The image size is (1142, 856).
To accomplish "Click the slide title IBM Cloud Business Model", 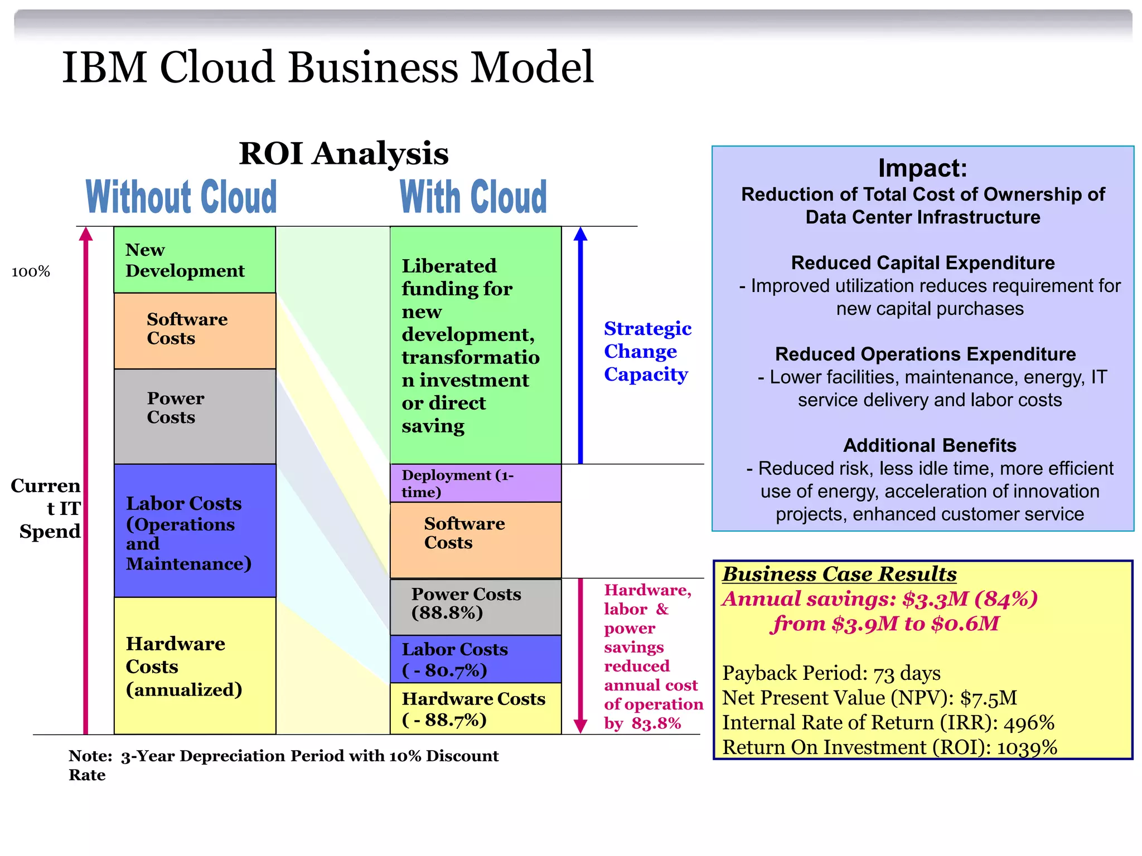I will click(328, 67).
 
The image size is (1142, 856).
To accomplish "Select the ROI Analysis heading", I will click(343, 154).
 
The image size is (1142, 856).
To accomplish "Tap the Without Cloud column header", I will click(181, 197).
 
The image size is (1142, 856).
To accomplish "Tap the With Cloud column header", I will click(473, 197).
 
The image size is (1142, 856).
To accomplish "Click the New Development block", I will click(194, 260).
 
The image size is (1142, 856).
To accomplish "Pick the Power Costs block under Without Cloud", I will click(194, 416).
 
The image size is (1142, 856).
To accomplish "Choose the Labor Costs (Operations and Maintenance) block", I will click(194, 531).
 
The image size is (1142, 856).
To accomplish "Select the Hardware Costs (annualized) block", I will click(194, 666).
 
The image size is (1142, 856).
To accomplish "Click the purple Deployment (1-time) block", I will click(475, 483).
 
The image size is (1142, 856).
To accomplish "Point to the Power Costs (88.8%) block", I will click(475, 606).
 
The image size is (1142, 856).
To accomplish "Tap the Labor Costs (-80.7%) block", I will click(475, 659).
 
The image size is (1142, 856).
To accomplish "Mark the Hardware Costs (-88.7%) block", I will click(475, 708).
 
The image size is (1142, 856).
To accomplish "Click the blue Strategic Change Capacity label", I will click(647, 351).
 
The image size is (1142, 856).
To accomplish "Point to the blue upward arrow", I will click(580, 346).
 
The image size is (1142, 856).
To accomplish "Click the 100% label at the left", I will click(31, 272).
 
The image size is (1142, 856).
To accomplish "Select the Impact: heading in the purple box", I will click(922, 168).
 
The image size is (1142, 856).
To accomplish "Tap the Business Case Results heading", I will click(839, 574).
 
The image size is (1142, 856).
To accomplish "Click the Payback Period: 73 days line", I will click(831, 673).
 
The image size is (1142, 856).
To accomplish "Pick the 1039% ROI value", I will click(1027, 747).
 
